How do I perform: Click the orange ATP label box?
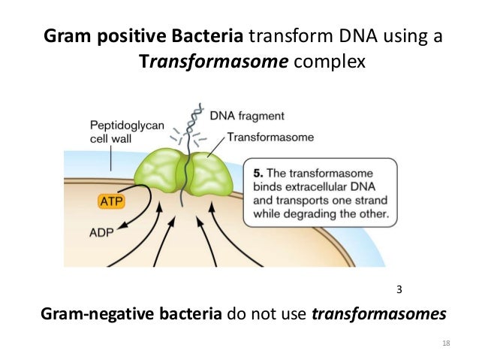110,202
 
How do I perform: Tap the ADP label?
104,234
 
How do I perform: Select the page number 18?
447,343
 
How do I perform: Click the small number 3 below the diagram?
399,289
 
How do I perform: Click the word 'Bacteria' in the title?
208,35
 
